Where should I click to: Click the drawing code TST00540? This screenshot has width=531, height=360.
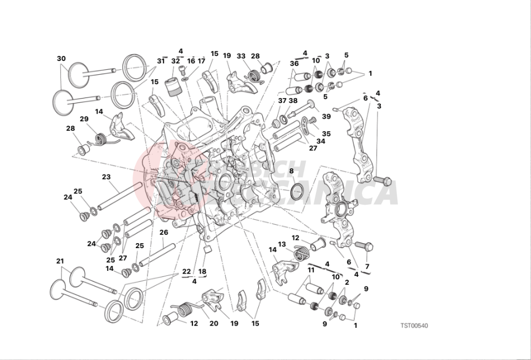click(415, 325)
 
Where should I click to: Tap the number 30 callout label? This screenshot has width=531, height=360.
click(62, 59)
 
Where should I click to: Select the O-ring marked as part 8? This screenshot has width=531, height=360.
click(297, 191)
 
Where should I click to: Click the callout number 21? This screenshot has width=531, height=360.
click(60, 261)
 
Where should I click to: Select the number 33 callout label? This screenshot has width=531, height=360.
click(241, 56)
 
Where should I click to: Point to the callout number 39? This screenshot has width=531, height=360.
click(326, 116)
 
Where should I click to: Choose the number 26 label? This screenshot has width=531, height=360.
click(164, 232)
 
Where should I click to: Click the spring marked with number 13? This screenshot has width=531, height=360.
click(300, 254)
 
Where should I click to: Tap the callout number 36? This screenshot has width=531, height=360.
click(294, 64)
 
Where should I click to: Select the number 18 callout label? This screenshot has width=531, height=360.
click(202, 271)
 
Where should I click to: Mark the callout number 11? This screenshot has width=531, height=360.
click(311, 270)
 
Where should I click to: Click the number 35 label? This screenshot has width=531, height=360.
click(326, 133)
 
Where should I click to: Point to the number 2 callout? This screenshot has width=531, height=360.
click(346, 282)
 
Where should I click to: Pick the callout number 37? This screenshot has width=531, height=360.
click(282, 101)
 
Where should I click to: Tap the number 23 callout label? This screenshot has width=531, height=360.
click(106, 177)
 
